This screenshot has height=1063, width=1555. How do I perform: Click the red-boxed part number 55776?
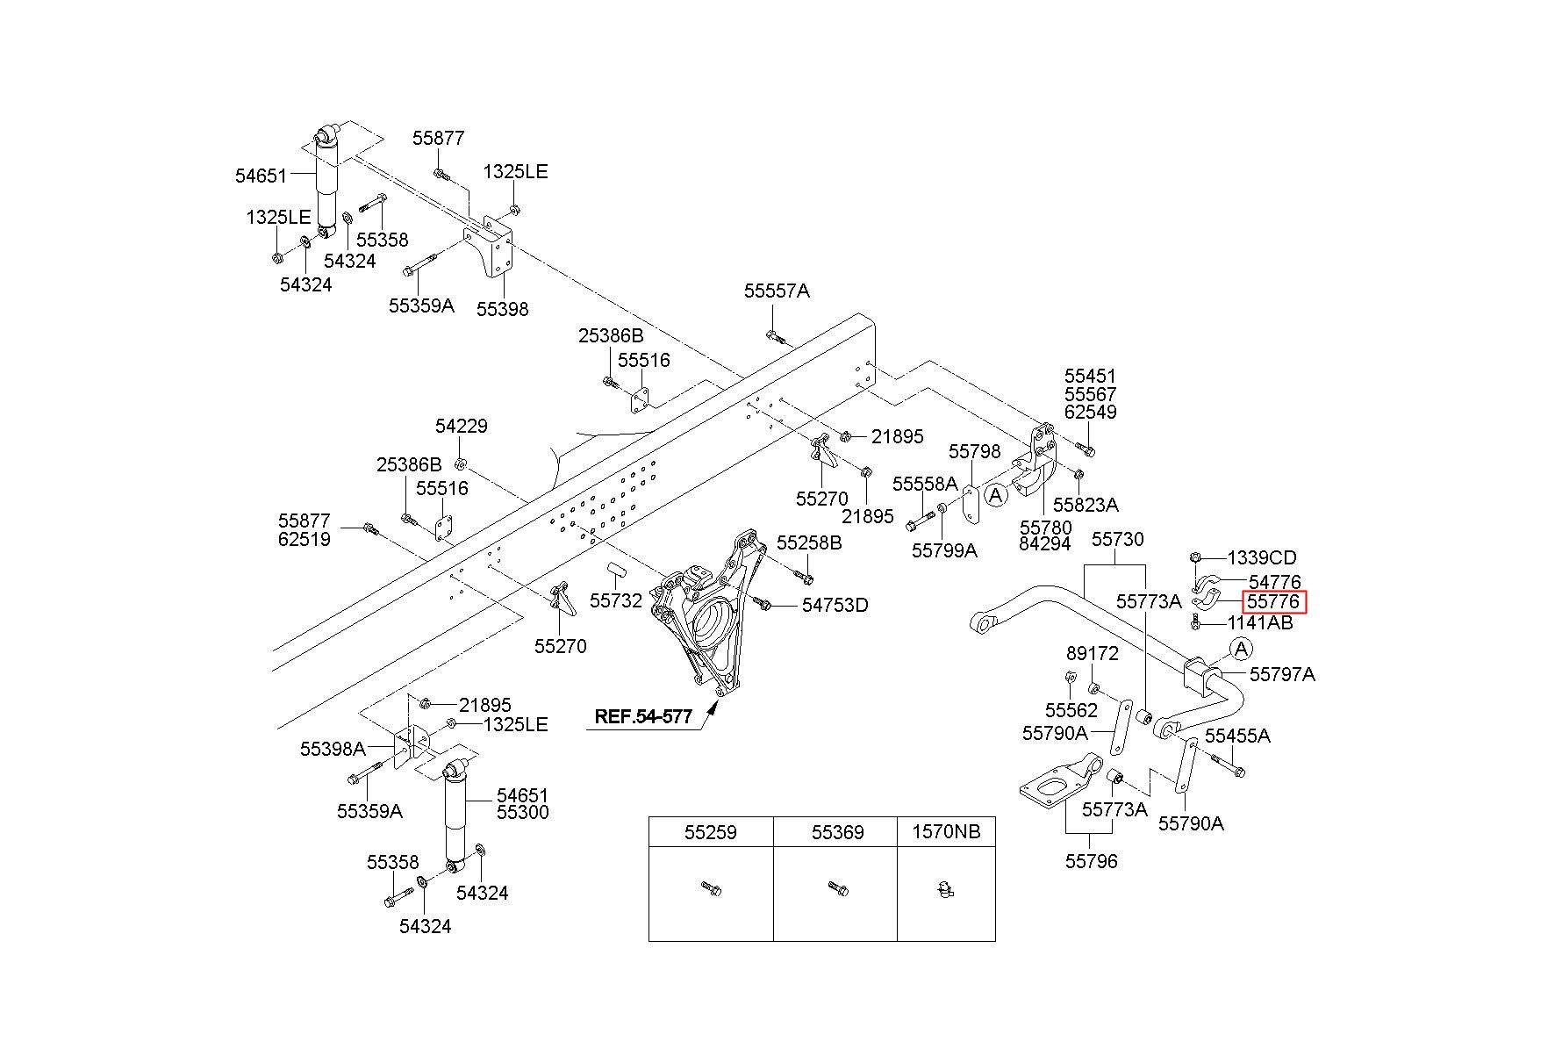(1274, 602)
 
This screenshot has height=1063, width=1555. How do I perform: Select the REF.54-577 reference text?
(643, 716)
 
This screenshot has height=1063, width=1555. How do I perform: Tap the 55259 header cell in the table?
(711, 832)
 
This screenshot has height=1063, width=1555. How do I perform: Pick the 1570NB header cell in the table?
(946, 832)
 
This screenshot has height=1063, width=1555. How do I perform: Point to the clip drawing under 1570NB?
(944, 890)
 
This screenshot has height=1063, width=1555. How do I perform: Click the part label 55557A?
(777, 291)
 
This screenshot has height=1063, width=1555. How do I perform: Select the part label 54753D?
(835, 606)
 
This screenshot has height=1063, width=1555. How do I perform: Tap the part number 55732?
(616, 601)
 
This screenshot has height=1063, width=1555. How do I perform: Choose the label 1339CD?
(1261, 558)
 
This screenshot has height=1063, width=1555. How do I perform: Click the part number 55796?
(1092, 862)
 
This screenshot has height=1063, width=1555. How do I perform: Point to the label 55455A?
(1237, 736)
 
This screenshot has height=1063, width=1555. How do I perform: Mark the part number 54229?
(462, 427)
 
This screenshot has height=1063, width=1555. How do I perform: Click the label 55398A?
(333, 749)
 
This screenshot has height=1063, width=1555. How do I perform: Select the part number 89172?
(1093, 654)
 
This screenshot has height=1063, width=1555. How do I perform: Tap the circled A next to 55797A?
(1241, 650)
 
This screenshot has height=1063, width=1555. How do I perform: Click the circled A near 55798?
(995, 496)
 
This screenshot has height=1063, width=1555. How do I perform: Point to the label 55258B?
(809, 543)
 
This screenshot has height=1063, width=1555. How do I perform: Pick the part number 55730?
(1117, 540)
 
